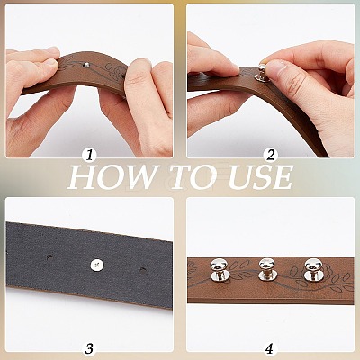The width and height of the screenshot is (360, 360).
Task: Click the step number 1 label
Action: point(89,156)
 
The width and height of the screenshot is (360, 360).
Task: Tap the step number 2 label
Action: point(271,156)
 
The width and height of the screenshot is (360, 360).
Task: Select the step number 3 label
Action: point(89,348)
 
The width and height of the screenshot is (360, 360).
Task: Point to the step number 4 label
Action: point(269,348)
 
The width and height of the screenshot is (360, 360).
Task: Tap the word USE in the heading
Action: point(257,177)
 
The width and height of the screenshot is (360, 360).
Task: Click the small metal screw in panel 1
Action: point(86,65)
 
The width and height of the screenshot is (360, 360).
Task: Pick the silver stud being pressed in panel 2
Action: point(261,74)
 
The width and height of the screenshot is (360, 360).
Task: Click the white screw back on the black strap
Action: point(97,265)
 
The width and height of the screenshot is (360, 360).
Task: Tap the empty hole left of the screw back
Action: point(49,257)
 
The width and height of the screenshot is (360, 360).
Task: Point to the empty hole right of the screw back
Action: point(142,270)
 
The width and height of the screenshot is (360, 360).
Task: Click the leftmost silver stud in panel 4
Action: point(217,270)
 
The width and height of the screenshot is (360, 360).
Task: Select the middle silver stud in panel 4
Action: point(265,269)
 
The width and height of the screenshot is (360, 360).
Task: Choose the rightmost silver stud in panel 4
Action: point(312,270)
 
